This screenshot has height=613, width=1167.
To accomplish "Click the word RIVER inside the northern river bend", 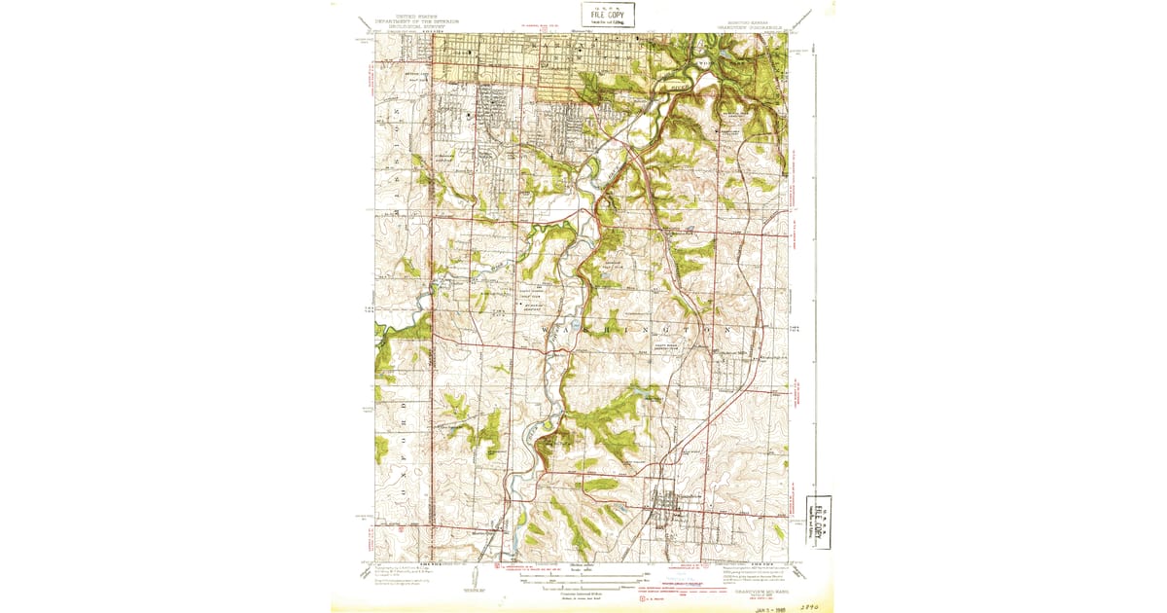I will pos(679,86).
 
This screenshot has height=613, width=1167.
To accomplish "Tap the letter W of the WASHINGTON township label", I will pos(543,331).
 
